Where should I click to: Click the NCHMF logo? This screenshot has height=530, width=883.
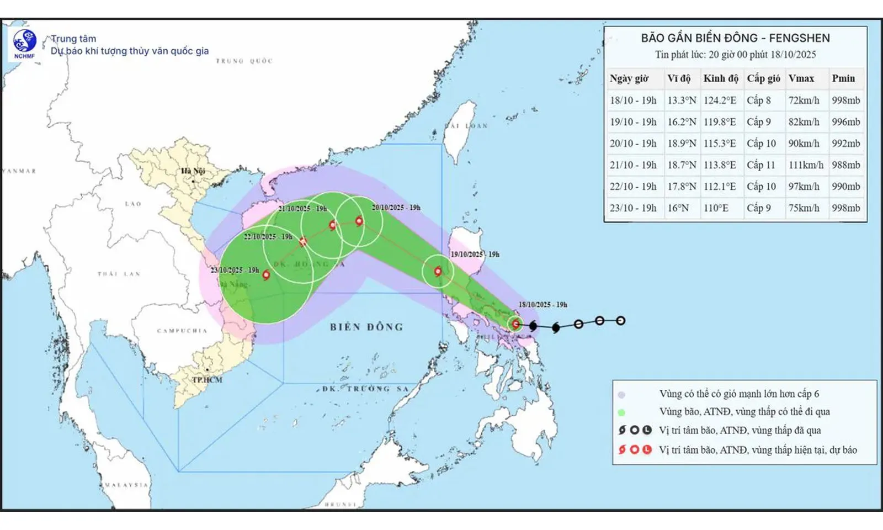click(24, 43)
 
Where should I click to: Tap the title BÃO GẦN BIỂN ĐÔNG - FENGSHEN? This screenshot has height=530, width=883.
click(735, 38)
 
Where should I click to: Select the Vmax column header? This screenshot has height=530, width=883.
click(801, 78)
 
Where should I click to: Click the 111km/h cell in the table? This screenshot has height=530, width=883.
click(805, 165)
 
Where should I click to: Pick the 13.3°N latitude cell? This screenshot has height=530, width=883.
click(682, 100)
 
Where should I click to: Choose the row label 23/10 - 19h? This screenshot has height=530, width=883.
click(633, 208)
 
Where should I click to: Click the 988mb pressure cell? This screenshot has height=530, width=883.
click(845, 165)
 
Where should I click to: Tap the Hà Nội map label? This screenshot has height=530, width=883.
click(193, 171)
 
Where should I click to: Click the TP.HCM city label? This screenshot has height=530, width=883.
click(207, 380)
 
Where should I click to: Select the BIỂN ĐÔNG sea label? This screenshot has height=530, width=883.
click(366, 327)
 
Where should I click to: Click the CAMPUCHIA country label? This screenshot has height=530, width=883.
click(182, 331)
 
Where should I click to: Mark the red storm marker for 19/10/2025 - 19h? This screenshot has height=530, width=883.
click(438, 271)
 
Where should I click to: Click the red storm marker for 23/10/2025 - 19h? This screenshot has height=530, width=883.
click(266, 274)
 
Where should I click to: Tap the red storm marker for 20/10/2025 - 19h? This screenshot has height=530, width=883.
click(359, 221)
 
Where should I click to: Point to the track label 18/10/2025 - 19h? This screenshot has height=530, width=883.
click(542, 305)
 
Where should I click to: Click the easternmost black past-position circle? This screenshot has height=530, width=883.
click(620, 320)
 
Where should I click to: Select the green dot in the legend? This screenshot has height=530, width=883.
click(621, 412)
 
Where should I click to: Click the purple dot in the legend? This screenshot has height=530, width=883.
click(621, 395)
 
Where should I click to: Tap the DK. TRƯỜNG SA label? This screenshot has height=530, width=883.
click(365, 389)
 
